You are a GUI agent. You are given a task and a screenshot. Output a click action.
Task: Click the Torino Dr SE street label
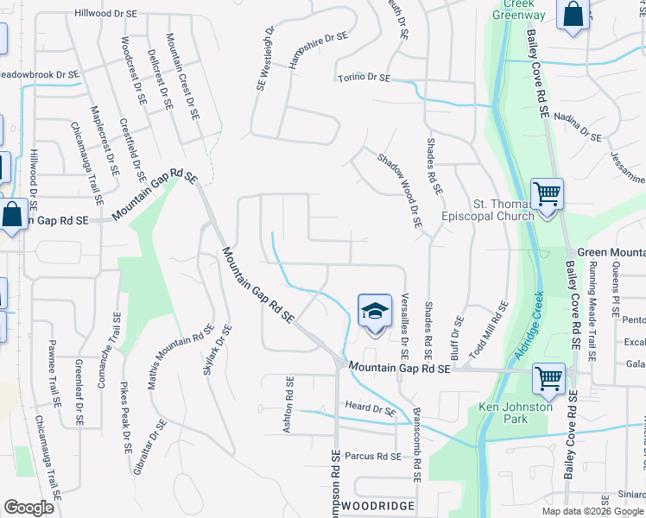363,79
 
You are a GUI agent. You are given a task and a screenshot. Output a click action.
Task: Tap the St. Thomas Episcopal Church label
488,210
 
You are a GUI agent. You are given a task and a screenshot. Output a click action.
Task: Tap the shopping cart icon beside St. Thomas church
547,193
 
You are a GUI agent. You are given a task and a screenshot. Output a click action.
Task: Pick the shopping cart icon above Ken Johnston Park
548,377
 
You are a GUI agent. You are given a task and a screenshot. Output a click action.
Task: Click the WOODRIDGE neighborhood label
379,504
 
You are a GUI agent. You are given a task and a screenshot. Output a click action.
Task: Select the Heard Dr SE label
370,406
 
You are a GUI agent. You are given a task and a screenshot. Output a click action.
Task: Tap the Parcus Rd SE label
373,456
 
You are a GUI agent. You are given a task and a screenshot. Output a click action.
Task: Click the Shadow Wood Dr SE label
399,190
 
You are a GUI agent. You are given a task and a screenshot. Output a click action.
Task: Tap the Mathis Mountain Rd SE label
180,357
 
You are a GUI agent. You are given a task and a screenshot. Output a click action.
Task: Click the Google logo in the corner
28,508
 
